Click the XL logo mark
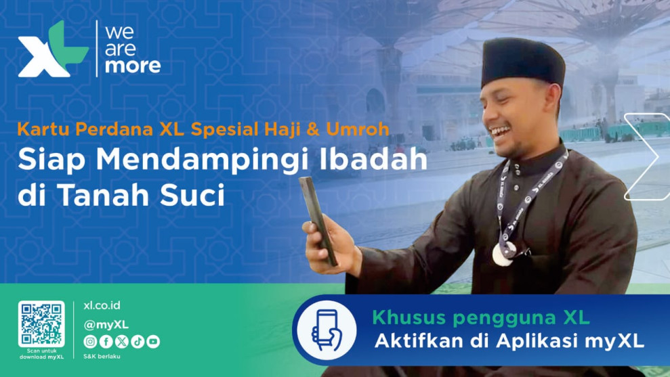(x=52, y=49)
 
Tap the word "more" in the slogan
(x=133, y=66)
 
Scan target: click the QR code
(x=41, y=324)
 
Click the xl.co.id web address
(x=102, y=306)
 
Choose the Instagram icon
(x=90, y=342)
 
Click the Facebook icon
(x=106, y=342)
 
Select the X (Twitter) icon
(x=122, y=342)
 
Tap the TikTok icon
(x=138, y=342)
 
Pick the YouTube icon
(x=153, y=342)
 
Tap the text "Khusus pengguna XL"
(x=481, y=317)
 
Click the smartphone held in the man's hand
(x=318, y=221)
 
